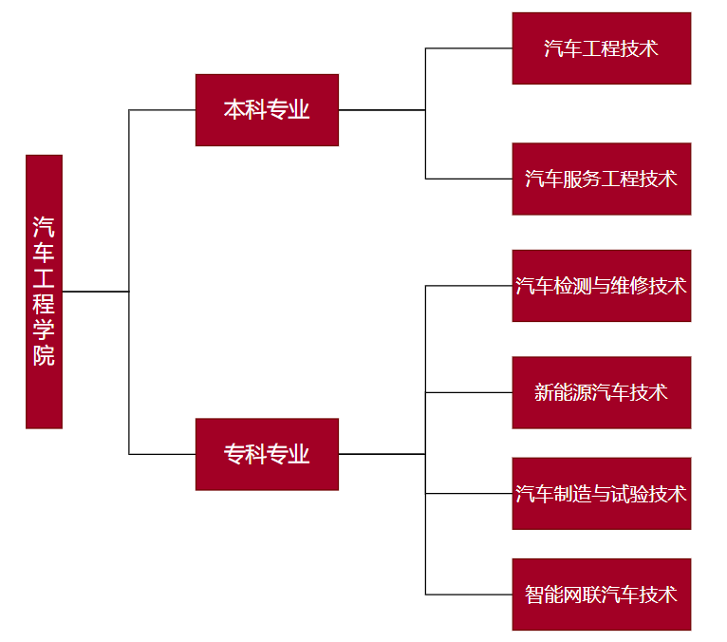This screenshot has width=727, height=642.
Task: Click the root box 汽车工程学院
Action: point(44,291)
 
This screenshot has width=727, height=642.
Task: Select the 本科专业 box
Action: point(267,110)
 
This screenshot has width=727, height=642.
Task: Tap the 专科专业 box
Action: point(267,454)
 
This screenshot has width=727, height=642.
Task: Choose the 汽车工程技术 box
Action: point(601,48)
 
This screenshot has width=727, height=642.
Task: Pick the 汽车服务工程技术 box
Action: point(601,179)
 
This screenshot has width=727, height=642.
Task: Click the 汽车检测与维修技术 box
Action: point(601,286)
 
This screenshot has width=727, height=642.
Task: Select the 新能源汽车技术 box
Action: point(601,392)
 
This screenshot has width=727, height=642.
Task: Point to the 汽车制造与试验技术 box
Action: point(601,494)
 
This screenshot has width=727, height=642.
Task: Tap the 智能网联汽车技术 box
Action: point(601,595)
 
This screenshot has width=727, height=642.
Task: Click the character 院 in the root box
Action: point(44,356)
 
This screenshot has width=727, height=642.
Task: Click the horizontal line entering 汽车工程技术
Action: point(469,48)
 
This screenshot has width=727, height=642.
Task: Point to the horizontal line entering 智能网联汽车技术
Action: point(469,595)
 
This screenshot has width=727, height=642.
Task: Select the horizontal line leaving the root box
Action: point(95,292)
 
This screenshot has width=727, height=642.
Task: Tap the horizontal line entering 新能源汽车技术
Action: point(469,392)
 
